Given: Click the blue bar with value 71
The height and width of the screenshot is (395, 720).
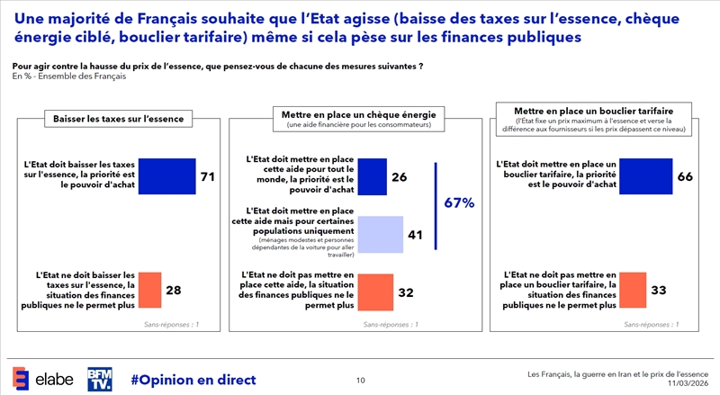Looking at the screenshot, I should coord(166,176).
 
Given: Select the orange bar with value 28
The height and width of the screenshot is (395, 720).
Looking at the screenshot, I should coord(149,289).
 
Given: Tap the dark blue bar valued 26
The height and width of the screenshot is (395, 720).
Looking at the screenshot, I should coord(371,177).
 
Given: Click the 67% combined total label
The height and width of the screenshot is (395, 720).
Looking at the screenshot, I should coord(459,203).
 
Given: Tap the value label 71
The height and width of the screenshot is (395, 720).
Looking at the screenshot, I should coord(207,177).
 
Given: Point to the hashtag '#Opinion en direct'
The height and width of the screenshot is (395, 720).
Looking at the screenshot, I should coord(193,380).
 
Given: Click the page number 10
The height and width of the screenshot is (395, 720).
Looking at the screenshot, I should coord(360,381).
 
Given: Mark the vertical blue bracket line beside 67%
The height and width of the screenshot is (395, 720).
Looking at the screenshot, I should coord(436,206).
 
